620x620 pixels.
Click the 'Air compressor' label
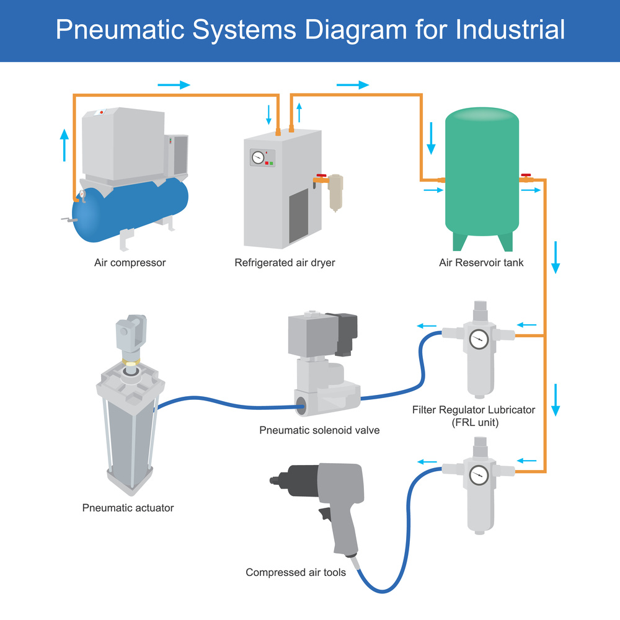pos(130,263)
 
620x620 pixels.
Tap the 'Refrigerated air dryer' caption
pos(285,263)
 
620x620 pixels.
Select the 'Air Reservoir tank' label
pos(481,263)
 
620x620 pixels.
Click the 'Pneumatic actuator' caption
pos(128,508)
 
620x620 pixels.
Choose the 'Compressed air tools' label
pos(296,572)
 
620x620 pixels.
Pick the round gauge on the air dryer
pos(258,157)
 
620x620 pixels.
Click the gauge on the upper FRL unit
pos(479,339)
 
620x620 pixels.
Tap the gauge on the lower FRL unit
pos(479,475)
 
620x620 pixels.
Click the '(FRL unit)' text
pos(474,423)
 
